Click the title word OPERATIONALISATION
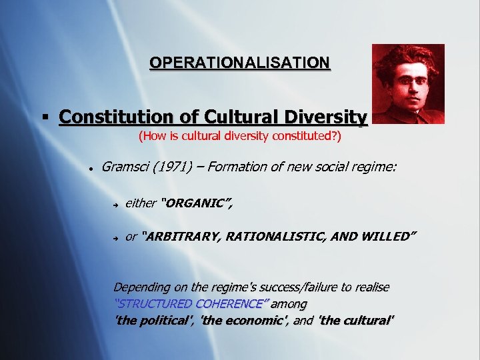[239, 63]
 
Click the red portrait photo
[408, 84]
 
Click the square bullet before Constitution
[45, 118]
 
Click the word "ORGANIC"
[197, 203]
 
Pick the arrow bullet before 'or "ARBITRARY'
[115, 237]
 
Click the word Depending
[142, 287]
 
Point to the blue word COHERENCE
[232, 304]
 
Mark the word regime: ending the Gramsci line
[375, 166]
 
